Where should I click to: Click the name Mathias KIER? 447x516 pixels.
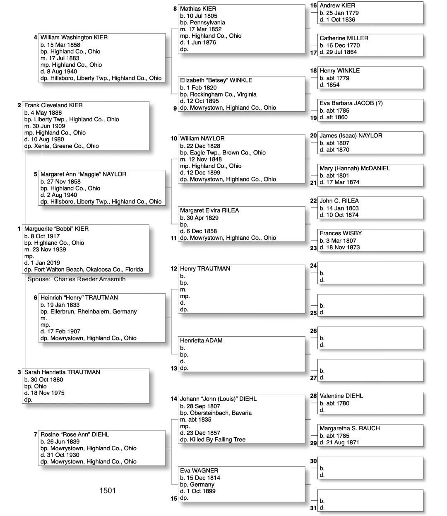pos(198,9)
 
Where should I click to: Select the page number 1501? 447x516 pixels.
pos(108,491)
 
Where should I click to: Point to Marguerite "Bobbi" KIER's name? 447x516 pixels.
pos(56,229)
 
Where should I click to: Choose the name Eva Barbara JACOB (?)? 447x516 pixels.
pos(351,103)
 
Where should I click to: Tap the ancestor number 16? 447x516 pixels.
pos(313,5)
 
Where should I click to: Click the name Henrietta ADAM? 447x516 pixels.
pos(201,340)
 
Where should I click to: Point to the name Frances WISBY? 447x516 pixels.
pos(338,233)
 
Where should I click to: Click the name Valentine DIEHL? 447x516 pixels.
pos(341,396)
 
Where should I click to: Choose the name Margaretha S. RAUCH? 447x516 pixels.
pos(349,428)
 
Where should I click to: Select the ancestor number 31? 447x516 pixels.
pos(313,508)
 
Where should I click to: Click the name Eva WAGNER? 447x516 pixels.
pos(199,470)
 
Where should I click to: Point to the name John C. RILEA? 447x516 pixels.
pos(339,201)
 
